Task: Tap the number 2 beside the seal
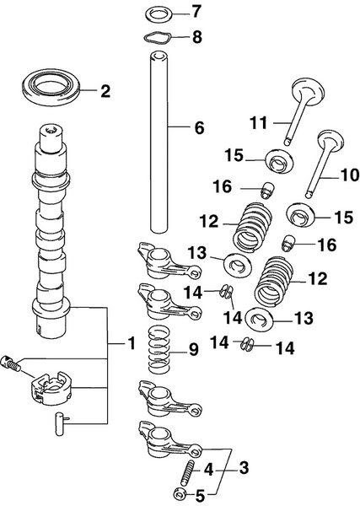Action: (x=105, y=91)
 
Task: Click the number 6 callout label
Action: (x=198, y=128)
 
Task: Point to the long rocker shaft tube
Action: (x=159, y=143)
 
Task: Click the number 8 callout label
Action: (x=197, y=36)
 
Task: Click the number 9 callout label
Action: (x=193, y=349)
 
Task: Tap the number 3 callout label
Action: (x=244, y=466)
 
